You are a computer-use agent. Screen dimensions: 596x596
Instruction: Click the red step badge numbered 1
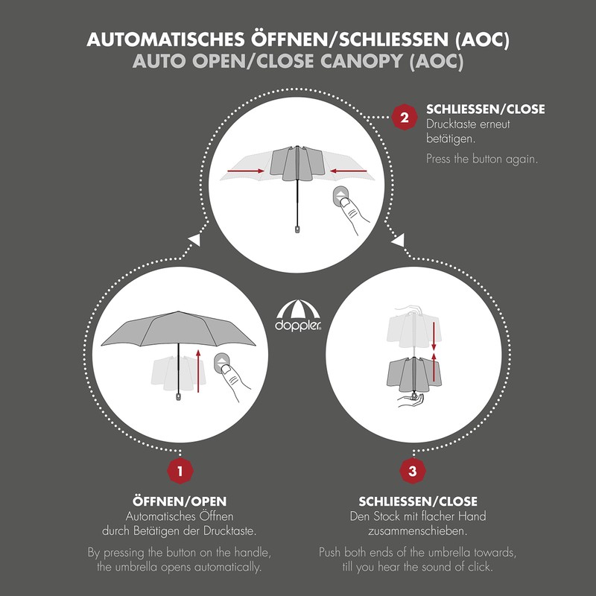tap(180, 470)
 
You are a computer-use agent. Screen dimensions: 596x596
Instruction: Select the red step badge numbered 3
tap(413, 470)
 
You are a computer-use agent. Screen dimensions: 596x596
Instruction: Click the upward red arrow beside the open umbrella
tap(200, 370)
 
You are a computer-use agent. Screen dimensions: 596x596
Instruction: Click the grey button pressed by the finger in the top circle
tap(341, 198)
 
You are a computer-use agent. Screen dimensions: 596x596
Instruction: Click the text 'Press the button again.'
tap(481, 159)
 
